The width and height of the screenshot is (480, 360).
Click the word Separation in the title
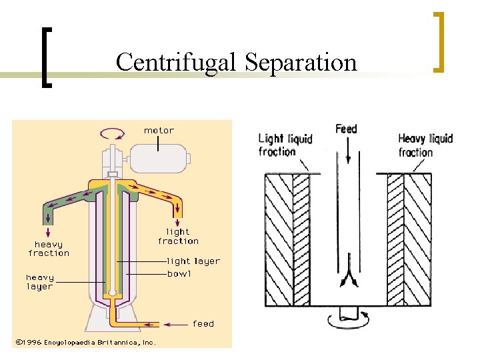click(301, 62)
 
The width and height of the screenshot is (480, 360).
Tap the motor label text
click(159, 131)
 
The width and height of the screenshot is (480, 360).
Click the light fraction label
click(178, 236)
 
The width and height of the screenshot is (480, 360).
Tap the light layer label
click(193, 261)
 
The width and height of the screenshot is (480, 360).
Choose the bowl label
click(179, 273)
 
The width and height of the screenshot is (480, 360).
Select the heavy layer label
click(39, 281)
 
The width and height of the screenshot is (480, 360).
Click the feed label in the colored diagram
click(203, 324)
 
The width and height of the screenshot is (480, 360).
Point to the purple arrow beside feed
click(176, 325)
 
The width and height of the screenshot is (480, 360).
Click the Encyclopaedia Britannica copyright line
click(85, 342)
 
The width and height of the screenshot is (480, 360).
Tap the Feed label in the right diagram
click(346, 129)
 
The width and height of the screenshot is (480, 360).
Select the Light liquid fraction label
click(285, 145)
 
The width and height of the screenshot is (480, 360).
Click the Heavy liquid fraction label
click(425, 145)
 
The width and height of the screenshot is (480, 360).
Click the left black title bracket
click(46, 57)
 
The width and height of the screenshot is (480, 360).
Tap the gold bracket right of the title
click(439, 41)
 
